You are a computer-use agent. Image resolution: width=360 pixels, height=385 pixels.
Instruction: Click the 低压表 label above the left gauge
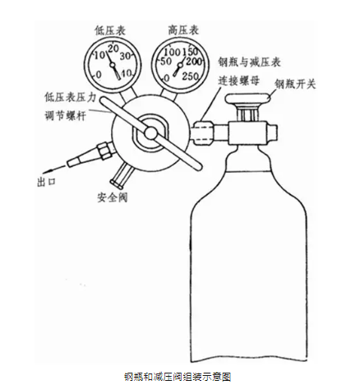click(x=110, y=30)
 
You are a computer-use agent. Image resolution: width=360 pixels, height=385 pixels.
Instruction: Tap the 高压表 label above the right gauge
click(x=183, y=30)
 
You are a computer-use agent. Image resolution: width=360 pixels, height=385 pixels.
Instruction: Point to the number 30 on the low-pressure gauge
click(x=125, y=56)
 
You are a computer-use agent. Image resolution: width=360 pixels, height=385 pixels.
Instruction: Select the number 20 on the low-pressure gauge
click(x=113, y=49)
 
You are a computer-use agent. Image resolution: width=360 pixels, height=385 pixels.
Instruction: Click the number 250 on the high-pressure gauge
click(x=191, y=76)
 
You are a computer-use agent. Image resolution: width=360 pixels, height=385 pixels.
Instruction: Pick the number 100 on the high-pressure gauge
click(x=172, y=52)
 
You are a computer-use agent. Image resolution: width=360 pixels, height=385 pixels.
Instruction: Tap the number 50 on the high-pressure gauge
click(x=165, y=62)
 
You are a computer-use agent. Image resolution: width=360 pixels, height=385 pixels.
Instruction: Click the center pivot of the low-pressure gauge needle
click(x=113, y=65)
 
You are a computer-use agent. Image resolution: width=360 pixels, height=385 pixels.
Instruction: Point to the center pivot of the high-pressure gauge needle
click(x=180, y=65)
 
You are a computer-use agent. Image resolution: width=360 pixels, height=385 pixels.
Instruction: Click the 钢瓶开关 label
click(x=295, y=84)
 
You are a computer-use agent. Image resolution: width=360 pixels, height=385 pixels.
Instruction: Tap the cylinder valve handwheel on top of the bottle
click(x=248, y=100)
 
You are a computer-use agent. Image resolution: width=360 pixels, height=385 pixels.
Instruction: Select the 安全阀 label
click(x=113, y=197)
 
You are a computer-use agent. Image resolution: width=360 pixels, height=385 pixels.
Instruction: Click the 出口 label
click(x=47, y=182)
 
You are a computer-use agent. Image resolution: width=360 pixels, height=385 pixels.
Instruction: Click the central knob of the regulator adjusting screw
click(x=151, y=133)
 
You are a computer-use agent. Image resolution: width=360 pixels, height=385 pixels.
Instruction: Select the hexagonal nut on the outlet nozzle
click(x=104, y=151)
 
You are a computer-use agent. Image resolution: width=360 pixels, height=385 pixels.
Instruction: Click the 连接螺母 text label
click(x=238, y=81)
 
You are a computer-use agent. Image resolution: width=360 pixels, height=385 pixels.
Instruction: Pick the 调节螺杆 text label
click(x=66, y=116)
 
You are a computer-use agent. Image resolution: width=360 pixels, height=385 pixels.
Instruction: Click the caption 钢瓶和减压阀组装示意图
click(x=178, y=377)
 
